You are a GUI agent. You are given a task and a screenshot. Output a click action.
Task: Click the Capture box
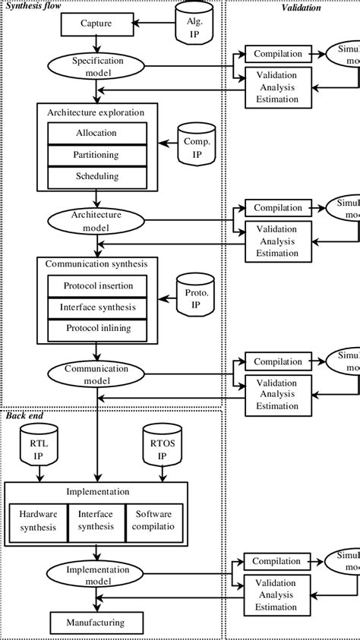(96, 24)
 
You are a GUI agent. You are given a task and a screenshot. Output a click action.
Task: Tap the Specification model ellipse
(96, 66)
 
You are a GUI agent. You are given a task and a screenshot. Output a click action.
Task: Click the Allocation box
(96, 133)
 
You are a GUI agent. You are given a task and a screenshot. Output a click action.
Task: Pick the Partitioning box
(96, 155)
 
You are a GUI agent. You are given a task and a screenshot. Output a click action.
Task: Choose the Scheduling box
(96, 177)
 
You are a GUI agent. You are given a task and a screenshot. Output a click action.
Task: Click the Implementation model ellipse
(96, 575)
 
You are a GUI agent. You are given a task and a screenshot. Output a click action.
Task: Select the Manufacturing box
(96, 623)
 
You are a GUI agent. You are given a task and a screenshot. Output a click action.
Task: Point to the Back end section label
(24, 415)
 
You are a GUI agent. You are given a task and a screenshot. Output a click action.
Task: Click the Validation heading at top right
(301, 8)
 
